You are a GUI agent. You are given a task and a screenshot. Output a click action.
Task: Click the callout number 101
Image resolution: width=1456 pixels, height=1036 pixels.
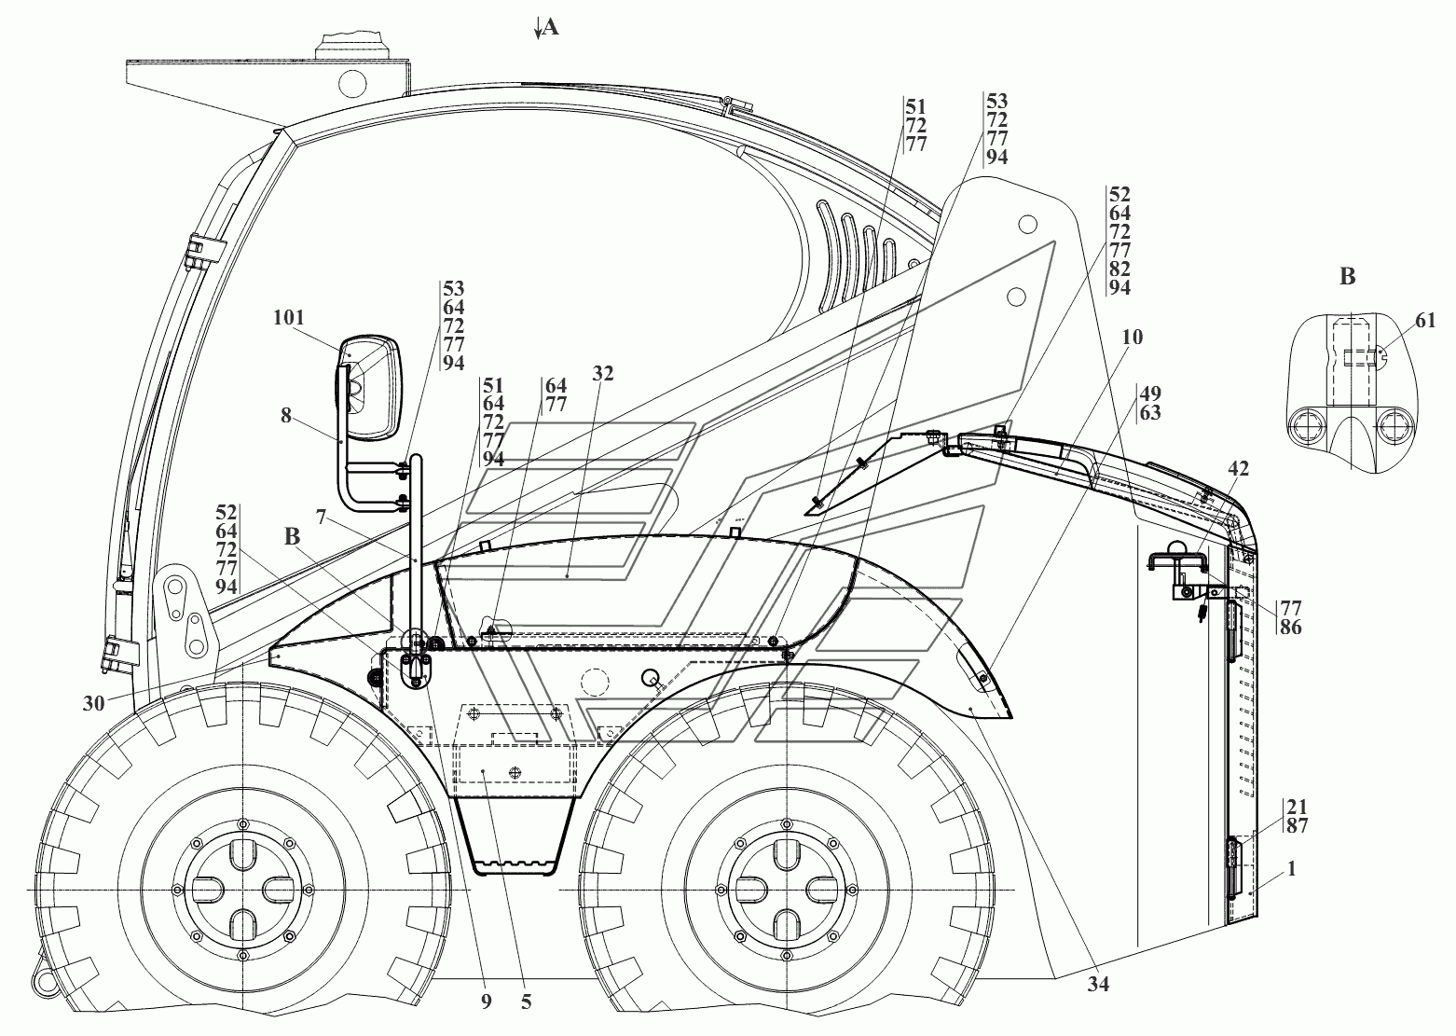click(x=289, y=318)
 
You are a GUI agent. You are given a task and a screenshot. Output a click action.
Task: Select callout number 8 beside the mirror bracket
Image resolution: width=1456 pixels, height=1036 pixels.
click(x=287, y=417)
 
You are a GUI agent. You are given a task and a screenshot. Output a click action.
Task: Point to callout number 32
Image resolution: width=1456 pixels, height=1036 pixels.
click(x=603, y=374)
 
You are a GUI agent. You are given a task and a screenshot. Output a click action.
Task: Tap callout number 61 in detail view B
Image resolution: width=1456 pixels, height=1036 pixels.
click(x=1425, y=322)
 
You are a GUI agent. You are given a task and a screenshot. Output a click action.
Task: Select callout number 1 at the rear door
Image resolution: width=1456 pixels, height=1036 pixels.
click(x=1291, y=869)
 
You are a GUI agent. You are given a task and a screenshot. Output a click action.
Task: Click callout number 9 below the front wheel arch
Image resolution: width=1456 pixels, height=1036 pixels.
click(x=486, y=1002)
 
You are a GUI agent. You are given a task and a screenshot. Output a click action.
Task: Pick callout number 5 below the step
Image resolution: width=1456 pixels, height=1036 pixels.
click(x=527, y=1002)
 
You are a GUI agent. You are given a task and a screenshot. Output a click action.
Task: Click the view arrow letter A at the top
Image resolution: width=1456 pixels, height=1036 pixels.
click(x=550, y=28)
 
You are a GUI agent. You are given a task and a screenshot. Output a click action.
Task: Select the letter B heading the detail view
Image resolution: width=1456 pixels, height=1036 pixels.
click(x=1347, y=276)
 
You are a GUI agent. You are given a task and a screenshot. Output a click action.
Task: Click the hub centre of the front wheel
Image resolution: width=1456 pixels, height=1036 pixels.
click(x=242, y=891)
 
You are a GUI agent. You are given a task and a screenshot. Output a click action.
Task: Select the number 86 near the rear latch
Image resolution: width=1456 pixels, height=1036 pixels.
click(x=1290, y=628)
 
